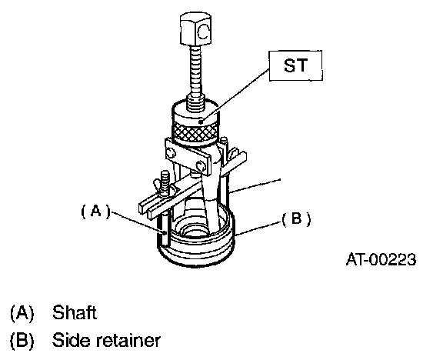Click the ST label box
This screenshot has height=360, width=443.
click(x=295, y=66)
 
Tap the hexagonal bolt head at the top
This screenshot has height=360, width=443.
click(x=195, y=28)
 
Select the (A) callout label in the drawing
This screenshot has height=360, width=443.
click(x=95, y=212)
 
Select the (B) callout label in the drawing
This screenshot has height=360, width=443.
click(x=296, y=219)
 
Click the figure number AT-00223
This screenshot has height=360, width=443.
click(x=381, y=259)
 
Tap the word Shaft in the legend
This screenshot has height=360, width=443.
click(x=75, y=312)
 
